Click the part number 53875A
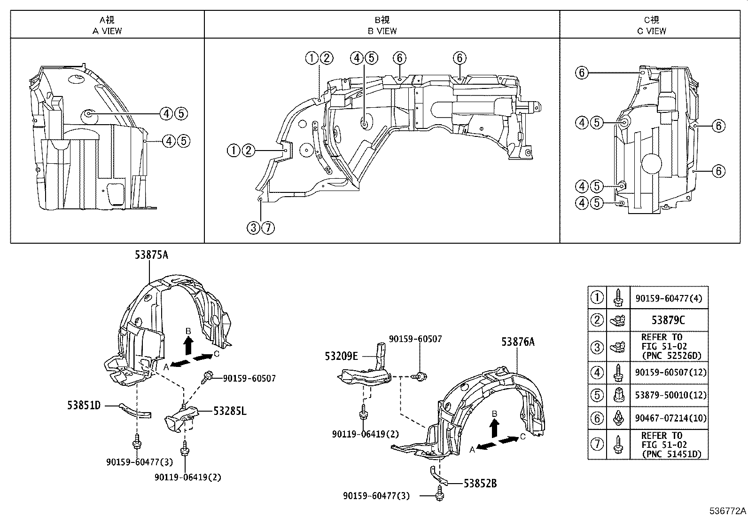[151, 255]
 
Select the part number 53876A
[518, 342]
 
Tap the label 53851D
[84, 406]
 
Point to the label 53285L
[230, 411]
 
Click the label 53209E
[341, 356]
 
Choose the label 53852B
[480, 484]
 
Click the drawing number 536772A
[728, 511]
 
